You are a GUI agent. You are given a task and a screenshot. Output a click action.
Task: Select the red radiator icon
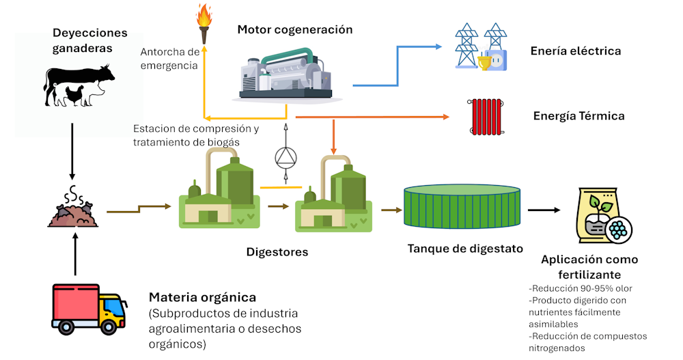[486, 115]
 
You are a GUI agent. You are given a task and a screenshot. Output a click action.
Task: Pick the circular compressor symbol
[285, 158]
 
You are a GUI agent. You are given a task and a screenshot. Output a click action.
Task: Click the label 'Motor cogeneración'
[295, 29]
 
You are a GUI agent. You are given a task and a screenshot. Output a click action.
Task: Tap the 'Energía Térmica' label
[579, 116]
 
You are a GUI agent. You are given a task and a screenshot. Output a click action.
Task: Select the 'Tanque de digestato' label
[465, 249]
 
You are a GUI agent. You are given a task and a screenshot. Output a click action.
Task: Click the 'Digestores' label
[277, 252]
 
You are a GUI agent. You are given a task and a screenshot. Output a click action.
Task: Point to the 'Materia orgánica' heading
[203, 298]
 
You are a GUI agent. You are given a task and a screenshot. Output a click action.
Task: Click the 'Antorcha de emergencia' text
[169, 59]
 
